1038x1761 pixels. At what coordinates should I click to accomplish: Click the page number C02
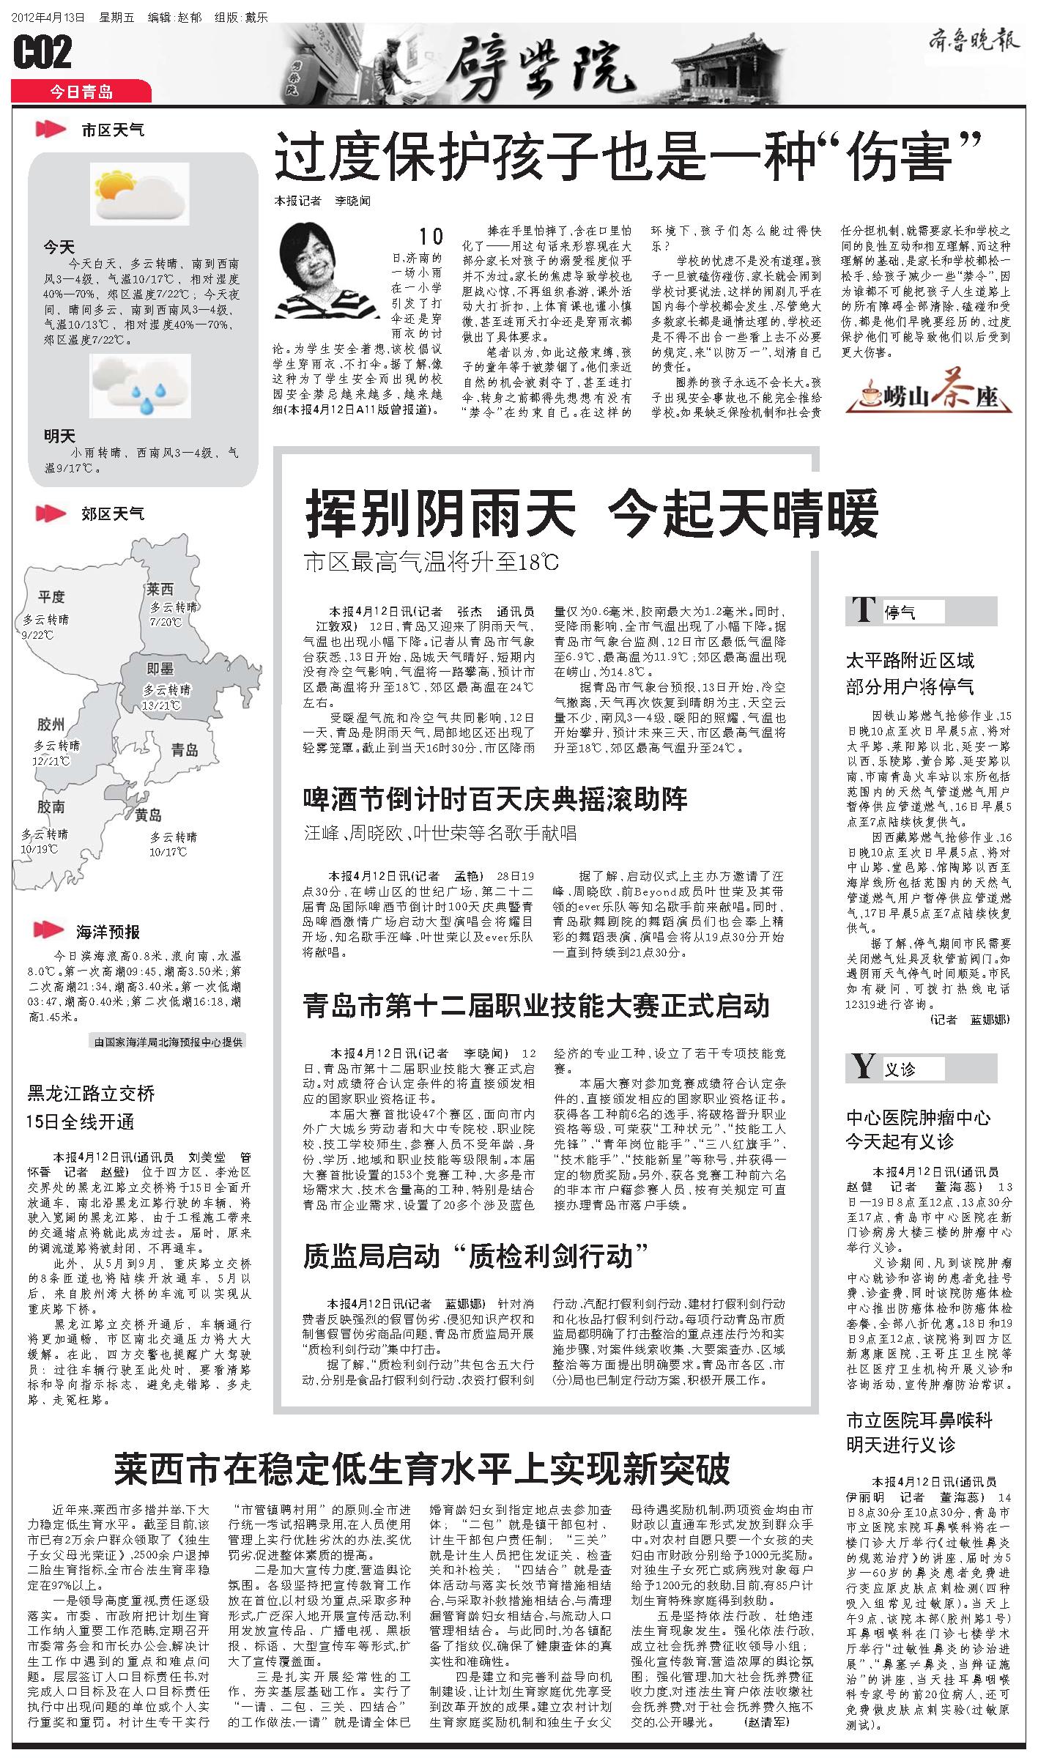click(43, 53)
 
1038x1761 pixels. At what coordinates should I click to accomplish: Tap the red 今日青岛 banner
click(81, 92)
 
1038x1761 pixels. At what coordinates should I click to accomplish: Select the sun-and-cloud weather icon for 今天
click(139, 194)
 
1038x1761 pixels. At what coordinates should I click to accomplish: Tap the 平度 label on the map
click(52, 597)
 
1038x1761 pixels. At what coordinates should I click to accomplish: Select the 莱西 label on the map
click(160, 589)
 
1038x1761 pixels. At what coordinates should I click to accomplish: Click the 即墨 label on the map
click(160, 668)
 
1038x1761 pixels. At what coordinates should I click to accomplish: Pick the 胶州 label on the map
click(51, 725)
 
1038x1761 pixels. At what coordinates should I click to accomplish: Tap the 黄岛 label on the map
click(148, 815)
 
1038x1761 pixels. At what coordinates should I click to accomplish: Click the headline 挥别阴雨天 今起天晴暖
click(591, 515)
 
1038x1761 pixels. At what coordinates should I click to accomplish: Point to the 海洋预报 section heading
click(108, 932)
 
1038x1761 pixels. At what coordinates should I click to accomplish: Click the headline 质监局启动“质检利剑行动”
click(476, 1256)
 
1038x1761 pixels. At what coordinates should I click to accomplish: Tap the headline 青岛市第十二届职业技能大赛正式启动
click(536, 1005)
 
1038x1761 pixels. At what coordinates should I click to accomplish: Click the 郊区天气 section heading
click(113, 514)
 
